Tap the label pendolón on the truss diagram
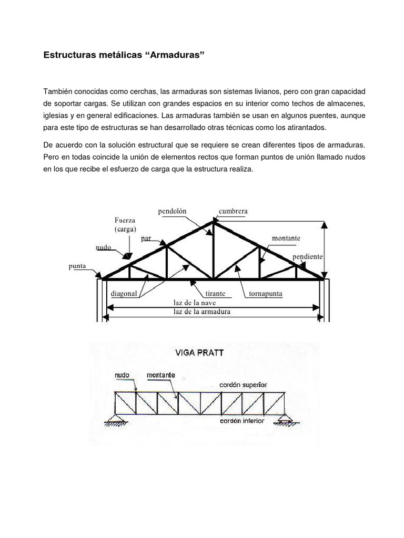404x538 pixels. pos(173,211)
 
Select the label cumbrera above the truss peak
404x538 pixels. pos(233,211)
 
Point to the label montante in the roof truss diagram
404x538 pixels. pos(286,238)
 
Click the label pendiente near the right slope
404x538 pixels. pos(308,256)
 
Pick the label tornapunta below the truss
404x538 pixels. pos(262,295)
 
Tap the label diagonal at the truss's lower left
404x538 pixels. pos(124,295)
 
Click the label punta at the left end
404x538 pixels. pos(77,266)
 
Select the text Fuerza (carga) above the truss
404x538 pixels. pos(125,225)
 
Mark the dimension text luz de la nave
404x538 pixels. pos(195,303)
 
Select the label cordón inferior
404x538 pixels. pos(243,421)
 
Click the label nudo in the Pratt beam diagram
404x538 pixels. pos(122,376)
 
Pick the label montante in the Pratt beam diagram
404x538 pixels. pos(160,376)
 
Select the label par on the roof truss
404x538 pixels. pos(146,238)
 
